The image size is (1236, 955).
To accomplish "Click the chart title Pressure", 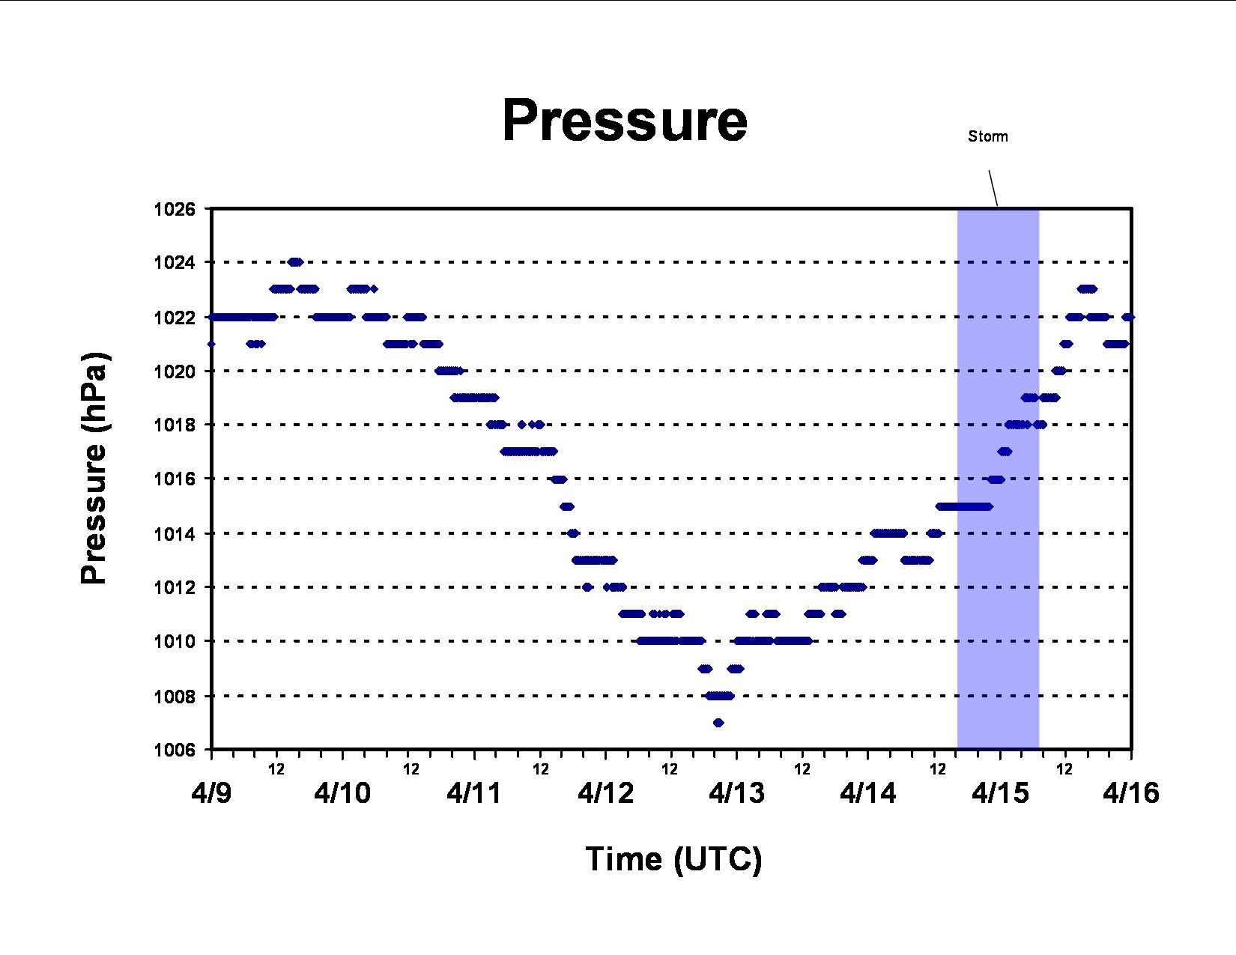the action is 625,120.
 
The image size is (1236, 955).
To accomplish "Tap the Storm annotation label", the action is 988,136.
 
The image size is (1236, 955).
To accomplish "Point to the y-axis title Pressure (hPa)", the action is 94,468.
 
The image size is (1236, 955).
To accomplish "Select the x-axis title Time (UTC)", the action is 673,859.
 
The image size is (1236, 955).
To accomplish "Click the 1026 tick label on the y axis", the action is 174,209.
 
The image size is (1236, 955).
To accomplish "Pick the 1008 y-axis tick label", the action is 174,696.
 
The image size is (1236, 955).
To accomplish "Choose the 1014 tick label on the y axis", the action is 174,534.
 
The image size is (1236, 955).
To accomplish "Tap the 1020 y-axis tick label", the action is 174,372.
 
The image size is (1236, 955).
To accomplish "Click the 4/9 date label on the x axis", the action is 211,793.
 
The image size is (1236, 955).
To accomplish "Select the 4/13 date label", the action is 736,793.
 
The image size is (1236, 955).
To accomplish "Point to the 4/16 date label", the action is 1131,793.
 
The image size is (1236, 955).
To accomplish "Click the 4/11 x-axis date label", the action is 474,793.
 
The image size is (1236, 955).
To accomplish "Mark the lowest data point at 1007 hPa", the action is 718,723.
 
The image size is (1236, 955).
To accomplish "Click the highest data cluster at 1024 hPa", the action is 295,262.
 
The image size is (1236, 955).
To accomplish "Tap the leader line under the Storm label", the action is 993,188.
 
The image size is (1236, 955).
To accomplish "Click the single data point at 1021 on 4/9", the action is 211,344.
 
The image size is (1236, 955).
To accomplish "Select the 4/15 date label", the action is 1000,793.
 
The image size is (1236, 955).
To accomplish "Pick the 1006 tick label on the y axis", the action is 174,751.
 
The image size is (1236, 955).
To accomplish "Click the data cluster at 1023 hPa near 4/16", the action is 1088,289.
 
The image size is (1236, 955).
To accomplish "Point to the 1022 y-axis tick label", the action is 174,318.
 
